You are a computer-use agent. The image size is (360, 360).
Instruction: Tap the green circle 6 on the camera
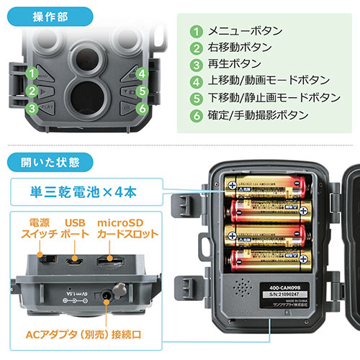143,109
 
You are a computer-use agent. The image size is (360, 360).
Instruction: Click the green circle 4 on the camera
143,73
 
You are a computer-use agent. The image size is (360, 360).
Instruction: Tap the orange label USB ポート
75,228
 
